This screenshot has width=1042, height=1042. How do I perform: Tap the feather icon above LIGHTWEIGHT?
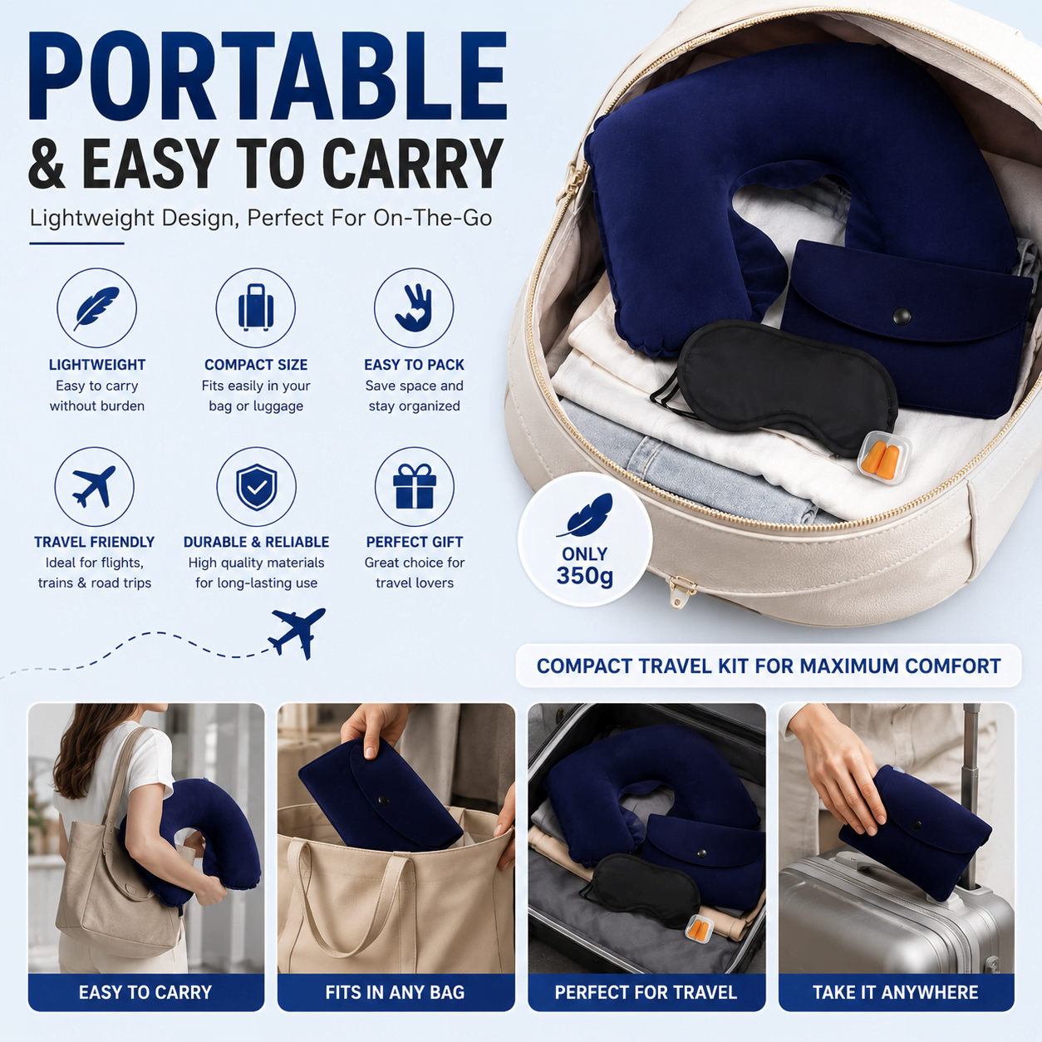click(x=96, y=307)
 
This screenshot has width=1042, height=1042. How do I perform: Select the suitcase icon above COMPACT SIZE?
click(x=256, y=307)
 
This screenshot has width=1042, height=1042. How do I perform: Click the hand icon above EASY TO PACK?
click(x=414, y=307)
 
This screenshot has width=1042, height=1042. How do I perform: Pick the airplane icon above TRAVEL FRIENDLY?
click(x=94, y=486)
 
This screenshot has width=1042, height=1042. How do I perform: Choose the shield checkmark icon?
click(x=256, y=487)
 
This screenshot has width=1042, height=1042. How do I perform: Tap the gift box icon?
click(x=415, y=485)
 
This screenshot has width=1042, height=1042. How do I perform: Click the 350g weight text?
click(x=585, y=575)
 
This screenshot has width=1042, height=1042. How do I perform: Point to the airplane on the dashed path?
click(x=297, y=632)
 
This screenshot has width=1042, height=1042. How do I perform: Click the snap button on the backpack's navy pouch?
click(x=902, y=316)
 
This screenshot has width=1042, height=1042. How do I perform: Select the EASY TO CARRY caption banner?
click(x=146, y=992)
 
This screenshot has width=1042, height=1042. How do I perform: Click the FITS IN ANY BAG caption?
click(x=396, y=992)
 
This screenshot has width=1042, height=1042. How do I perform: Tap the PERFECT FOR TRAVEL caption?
click(x=646, y=992)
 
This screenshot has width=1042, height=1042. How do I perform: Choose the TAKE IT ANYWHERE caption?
click(x=896, y=992)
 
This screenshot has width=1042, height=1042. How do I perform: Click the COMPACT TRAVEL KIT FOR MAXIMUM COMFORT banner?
click(x=769, y=666)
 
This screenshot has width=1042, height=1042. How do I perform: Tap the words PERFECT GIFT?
click(x=414, y=542)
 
